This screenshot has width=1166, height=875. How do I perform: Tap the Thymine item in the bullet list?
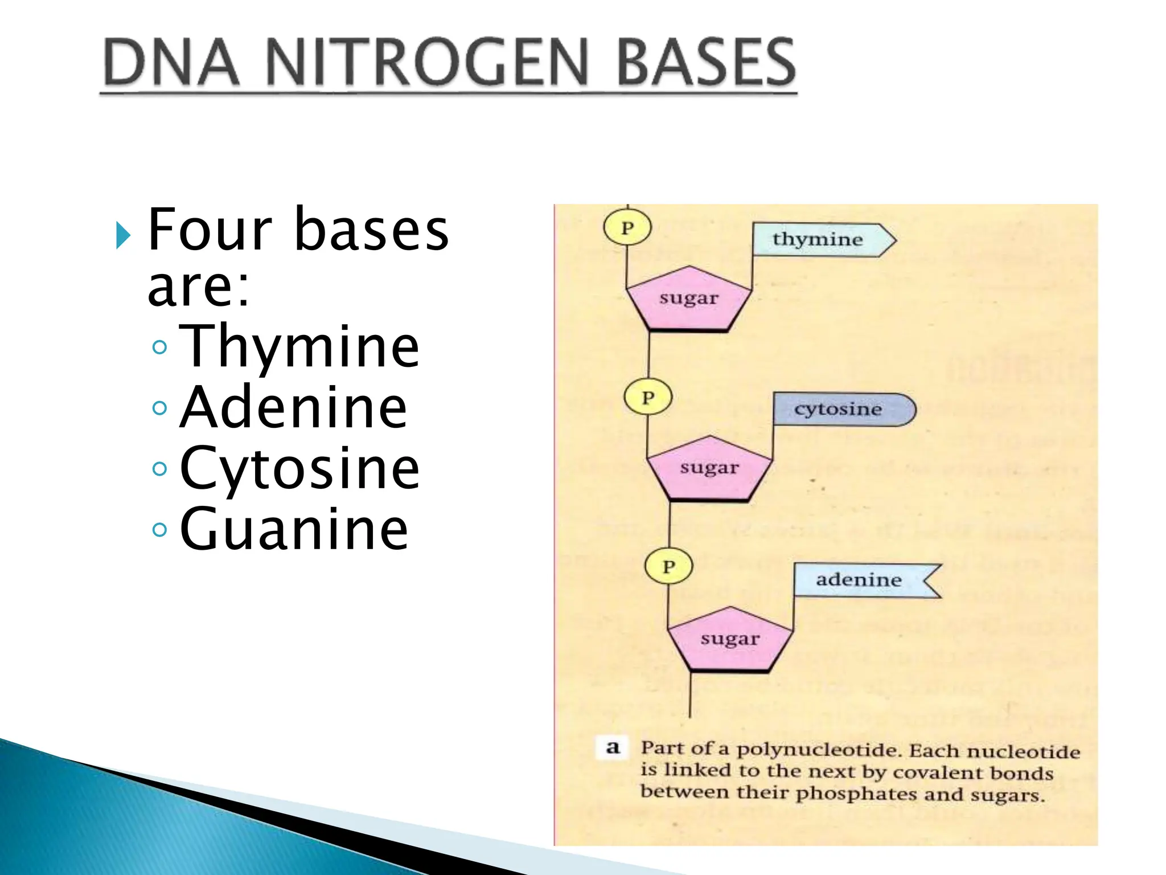(x=299, y=346)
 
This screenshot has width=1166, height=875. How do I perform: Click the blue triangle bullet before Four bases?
(x=122, y=235)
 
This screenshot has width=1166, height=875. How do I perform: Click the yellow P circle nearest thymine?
(x=627, y=227)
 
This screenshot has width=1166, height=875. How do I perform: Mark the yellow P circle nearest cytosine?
(x=648, y=397)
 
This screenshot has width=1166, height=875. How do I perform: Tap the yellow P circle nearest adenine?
(x=669, y=567)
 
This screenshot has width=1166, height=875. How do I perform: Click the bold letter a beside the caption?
(x=613, y=747)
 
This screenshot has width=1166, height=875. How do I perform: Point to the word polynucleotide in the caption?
(x=820, y=750)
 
